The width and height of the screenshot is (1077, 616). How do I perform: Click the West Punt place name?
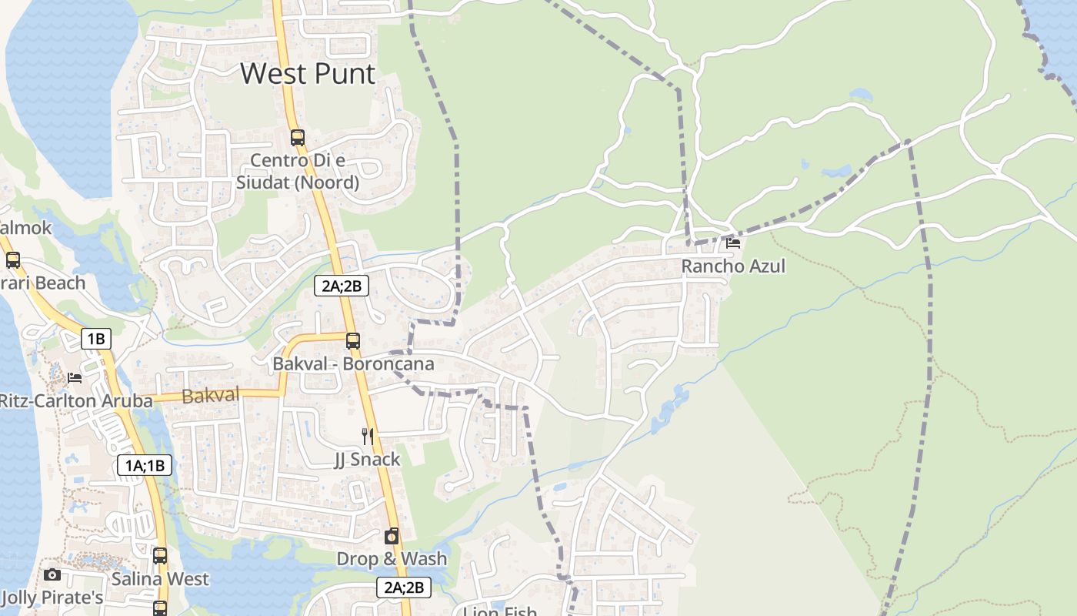(x=308, y=74)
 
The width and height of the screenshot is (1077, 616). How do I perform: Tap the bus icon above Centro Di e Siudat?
(x=297, y=138)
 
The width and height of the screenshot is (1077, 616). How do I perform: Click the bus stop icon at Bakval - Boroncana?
(x=352, y=340)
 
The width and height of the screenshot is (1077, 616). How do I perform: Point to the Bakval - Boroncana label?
(x=353, y=363)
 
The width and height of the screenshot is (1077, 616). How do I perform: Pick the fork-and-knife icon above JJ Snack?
(x=368, y=437)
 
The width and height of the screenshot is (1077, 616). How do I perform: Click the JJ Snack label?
(x=368, y=460)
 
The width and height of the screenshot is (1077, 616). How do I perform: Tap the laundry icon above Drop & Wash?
(x=392, y=536)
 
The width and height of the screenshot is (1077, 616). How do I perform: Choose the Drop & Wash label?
(x=392, y=559)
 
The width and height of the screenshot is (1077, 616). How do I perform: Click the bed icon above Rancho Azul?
(x=733, y=243)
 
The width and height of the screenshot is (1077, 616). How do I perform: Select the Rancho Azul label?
(x=733, y=266)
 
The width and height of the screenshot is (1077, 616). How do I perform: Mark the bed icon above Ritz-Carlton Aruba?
(x=74, y=377)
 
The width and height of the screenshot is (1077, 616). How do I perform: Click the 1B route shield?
(x=95, y=339)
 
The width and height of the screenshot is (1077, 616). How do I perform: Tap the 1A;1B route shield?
(x=145, y=465)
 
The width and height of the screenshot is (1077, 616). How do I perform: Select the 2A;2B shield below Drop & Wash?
(x=404, y=588)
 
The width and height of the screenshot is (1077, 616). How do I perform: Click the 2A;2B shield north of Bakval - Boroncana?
(x=342, y=286)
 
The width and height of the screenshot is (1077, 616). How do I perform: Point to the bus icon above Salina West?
(x=159, y=555)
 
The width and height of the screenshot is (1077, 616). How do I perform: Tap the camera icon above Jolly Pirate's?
(x=52, y=574)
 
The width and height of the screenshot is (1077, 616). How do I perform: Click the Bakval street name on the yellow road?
(x=211, y=396)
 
